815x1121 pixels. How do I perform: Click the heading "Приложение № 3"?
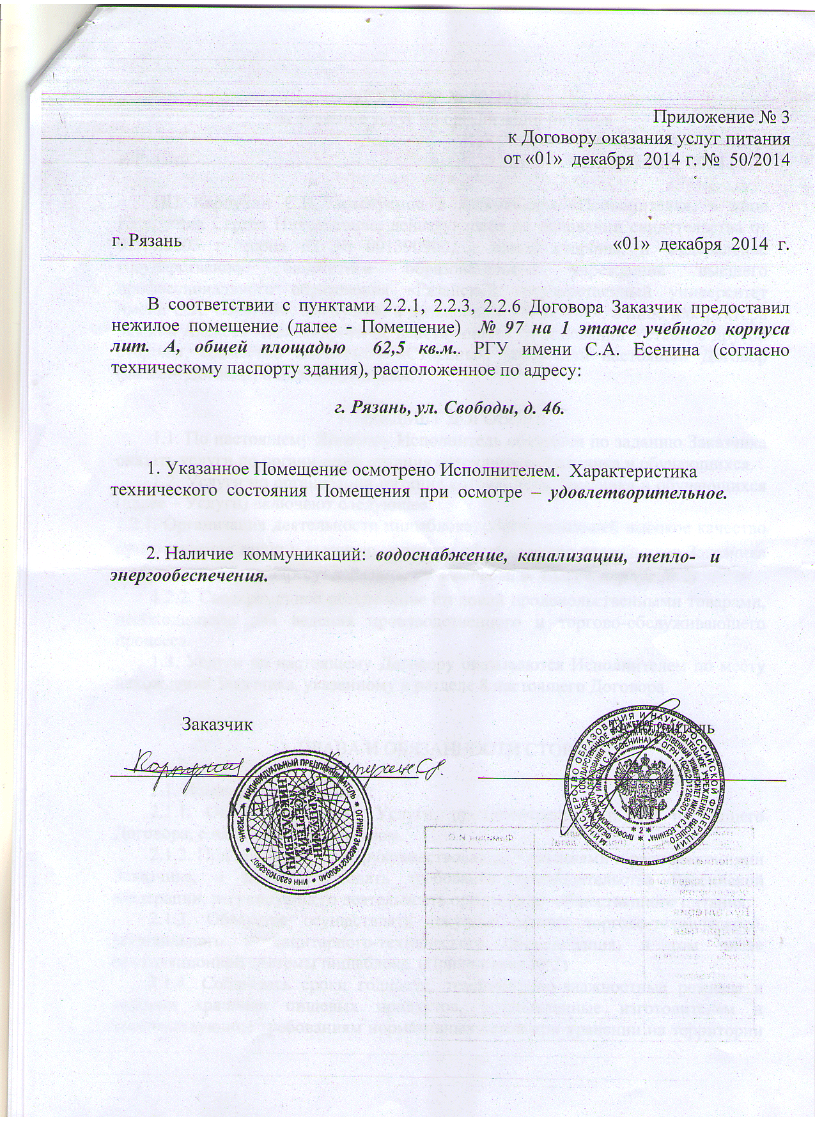point(721,118)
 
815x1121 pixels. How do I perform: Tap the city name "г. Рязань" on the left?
point(146,241)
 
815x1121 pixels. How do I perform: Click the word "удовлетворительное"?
point(637,493)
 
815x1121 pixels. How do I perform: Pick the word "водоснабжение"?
point(442,555)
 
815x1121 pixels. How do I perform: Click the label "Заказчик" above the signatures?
point(217,725)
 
